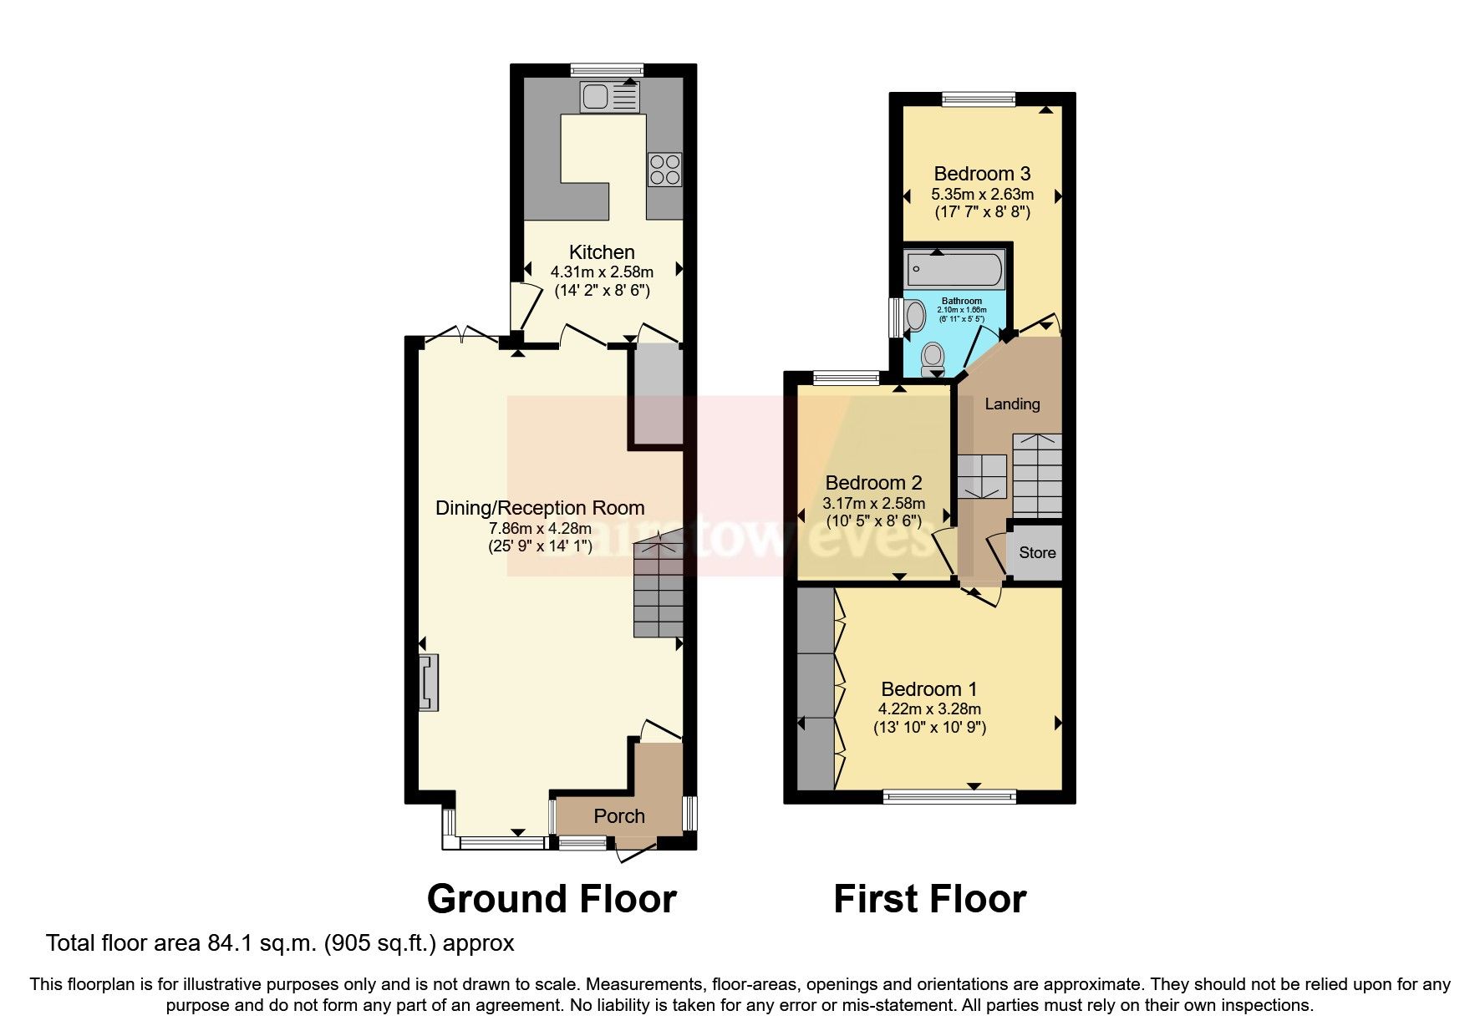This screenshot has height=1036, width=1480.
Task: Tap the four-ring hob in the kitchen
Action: pos(664,170)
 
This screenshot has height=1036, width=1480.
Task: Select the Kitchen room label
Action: pos(602,251)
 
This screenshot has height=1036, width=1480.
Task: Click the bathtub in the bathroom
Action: pos(955,269)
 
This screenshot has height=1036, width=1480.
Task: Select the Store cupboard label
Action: pos(1036,552)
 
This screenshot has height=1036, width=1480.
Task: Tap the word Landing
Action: pos(1012,404)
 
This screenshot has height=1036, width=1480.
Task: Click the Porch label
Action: pos(619,816)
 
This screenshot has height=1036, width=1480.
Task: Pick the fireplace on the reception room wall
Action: pos(430,683)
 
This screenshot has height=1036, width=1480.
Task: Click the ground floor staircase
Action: pos(659,589)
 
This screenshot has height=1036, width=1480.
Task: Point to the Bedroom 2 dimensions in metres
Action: pos(873,503)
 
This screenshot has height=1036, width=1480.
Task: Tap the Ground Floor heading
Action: pos(551,899)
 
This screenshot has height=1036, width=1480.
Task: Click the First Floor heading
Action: pos(929,899)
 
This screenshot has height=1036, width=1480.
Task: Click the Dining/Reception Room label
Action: pos(540,507)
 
